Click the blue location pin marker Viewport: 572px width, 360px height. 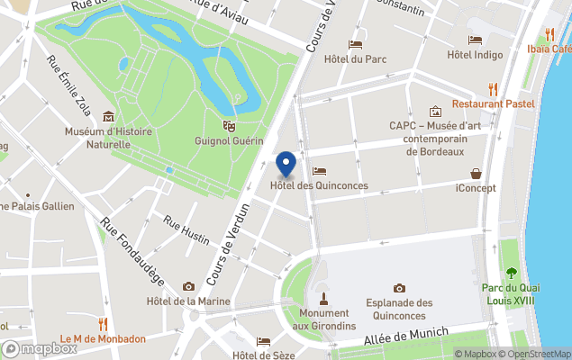coord(286,164)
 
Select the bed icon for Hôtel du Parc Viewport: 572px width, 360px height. coord(355,44)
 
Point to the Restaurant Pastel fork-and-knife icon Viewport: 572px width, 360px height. coord(493,88)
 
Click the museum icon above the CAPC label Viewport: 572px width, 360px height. coord(435,112)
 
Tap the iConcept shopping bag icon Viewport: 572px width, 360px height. coord(476,173)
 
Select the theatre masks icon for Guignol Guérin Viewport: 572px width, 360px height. coord(229,126)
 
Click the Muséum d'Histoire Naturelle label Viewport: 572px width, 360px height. coord(108,138)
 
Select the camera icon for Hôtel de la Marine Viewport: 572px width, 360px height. coord(188,286)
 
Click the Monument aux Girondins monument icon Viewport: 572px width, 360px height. coord(323,298)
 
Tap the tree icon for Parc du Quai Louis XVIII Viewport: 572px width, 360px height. coord(512,273)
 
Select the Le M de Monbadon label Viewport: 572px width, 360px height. coord(103,339)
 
